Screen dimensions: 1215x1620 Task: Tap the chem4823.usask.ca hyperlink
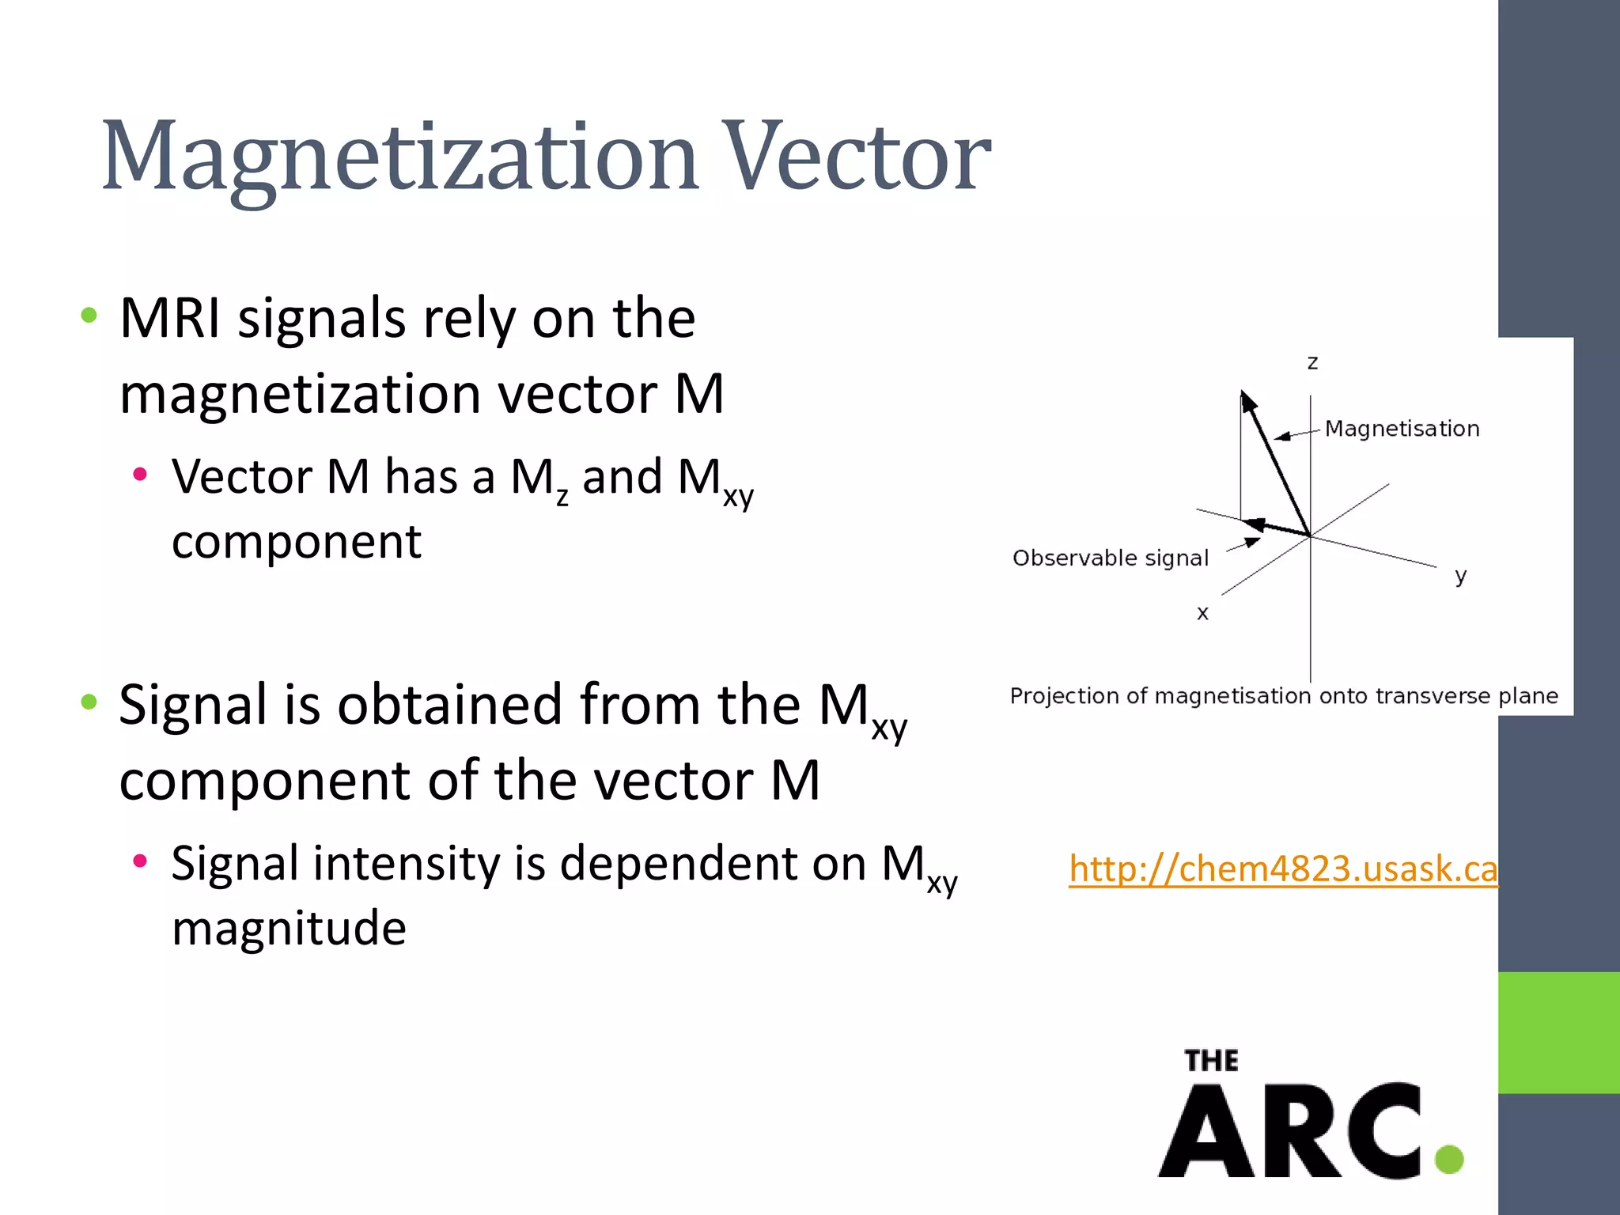1282,869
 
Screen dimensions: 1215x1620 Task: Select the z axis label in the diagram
1312,363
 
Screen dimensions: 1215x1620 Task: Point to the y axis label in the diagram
1460,575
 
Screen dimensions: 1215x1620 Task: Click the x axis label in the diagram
1202,613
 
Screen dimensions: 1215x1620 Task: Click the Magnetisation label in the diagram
1402,429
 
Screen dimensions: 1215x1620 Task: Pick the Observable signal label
1111,558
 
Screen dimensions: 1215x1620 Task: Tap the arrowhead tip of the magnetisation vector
1243,395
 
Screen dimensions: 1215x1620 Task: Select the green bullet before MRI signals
89,316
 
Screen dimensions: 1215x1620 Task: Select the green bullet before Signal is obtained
89,702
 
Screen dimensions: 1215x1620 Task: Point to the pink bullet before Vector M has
141,475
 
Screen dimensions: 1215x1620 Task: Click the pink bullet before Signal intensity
141,861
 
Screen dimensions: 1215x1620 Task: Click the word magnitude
289,928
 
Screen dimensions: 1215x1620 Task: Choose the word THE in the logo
1211,1061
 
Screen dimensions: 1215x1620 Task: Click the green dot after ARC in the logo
1449,1159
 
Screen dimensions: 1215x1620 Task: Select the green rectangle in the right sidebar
1558,1032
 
